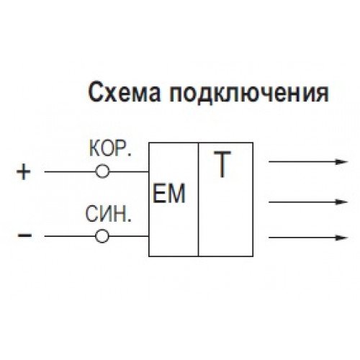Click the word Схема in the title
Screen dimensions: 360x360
click(x=124, y=92)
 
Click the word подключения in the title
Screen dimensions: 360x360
click(x=249, y=93)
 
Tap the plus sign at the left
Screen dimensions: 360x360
click(x=24, y=171)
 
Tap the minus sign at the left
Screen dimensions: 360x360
click(x=24, y=235)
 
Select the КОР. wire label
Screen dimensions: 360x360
click(x=110, y=149)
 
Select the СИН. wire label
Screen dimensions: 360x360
click(x=109, y=214)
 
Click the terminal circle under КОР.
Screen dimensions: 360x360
click(x=102, y=171)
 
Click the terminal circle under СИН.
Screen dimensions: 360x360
click(x=102, y=236)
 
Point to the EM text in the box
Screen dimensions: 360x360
click(x=169, y=194)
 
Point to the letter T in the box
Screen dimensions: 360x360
click(x=222, y=164)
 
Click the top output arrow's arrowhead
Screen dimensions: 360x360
click(x=341, y=162)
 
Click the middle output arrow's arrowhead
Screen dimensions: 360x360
click(x=341, y=202)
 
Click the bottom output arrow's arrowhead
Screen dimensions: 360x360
click(x=341, y=238)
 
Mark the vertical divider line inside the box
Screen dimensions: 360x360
click(x=199, y=199)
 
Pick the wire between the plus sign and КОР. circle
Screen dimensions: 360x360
click(x=70, y=171)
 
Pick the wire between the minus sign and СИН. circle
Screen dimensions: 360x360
click(x=70, y=236)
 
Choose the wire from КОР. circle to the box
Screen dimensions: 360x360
click(x=129, y=171)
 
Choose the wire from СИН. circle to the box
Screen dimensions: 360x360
click(x=129, y=236)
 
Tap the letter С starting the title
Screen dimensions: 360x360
click(x=96, y=92)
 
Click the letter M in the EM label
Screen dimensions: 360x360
click(x=176, y=194)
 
